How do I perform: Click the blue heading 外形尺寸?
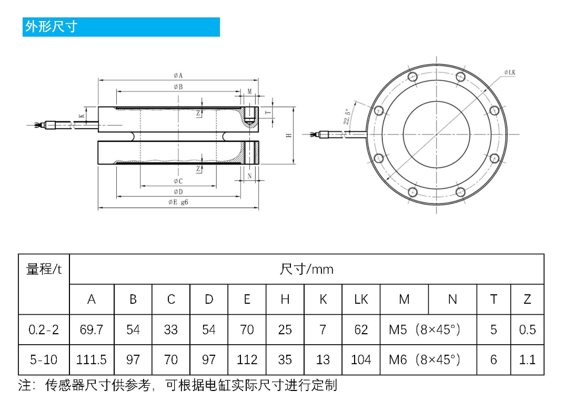point(52,27)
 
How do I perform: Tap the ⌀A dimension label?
point(178,76)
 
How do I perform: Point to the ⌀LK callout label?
point(509,72)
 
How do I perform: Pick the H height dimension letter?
point(288,136)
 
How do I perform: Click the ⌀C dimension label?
point(178,181)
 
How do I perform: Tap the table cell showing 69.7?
point(92,329)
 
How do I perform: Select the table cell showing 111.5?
point(92,360)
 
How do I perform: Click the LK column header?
point(361,300)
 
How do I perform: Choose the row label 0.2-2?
point(44,329)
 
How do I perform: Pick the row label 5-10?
point(44,360)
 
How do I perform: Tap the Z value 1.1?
point(527,360)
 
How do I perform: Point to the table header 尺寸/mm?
point(306,270)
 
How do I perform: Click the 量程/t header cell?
point(44,270)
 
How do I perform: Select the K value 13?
point(323,360)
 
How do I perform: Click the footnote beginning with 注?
point(177,385)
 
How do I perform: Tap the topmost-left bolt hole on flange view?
point(412,77)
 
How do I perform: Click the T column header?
point(493,300)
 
